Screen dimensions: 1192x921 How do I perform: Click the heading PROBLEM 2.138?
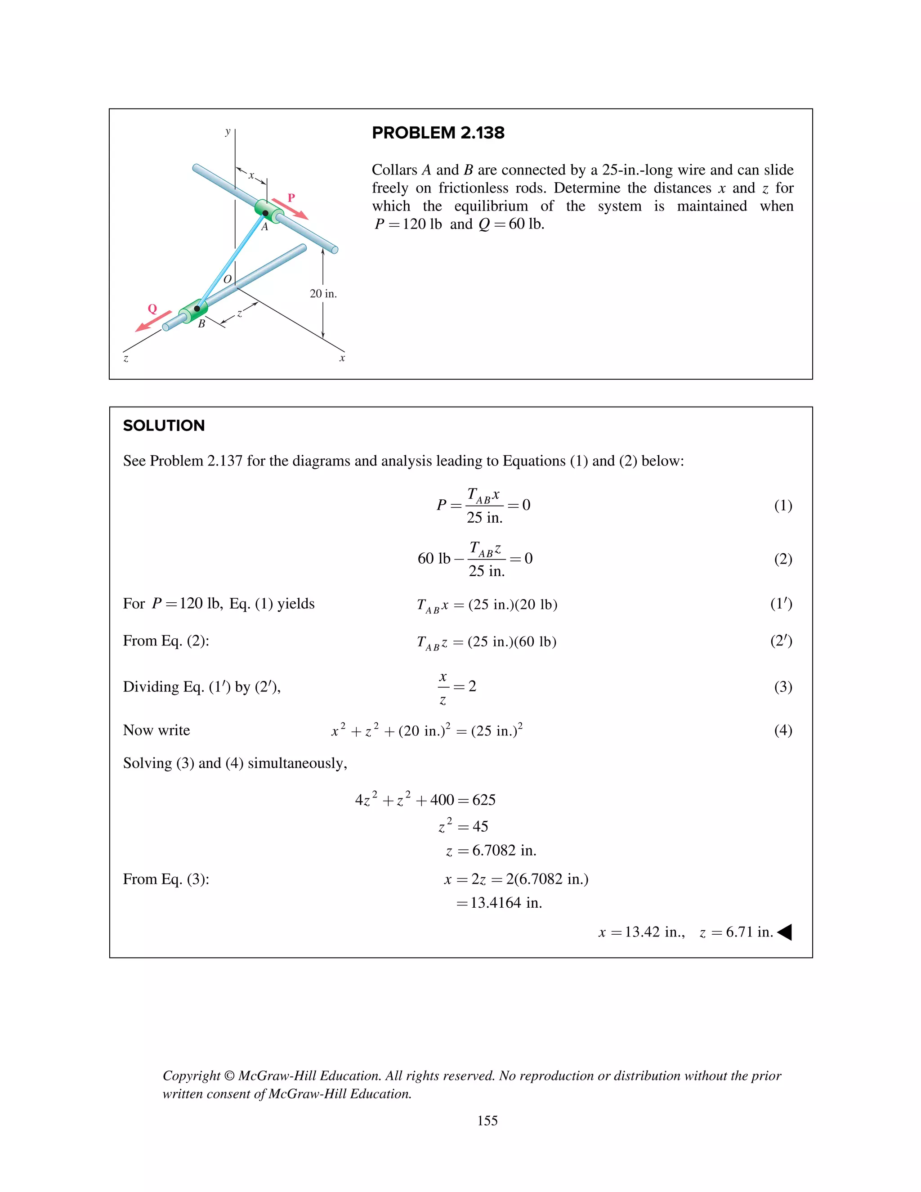(x=438, y=133)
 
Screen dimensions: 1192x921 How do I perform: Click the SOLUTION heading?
(x=164, y=426)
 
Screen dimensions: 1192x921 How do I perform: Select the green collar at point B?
(x=194, y=310)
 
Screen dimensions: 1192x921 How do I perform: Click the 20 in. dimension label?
(x=323, y=294)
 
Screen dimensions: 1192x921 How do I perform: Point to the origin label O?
(x=228, y=279)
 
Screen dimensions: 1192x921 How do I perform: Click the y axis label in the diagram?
(x=228, y=131)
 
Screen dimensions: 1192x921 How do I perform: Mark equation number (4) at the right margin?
(x=783, y=730)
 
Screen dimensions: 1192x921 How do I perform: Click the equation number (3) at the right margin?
(x=783, y=686)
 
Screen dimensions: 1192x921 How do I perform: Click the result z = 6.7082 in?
(x=491, y=850)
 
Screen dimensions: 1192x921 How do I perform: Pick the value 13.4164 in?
(x=499, y=903)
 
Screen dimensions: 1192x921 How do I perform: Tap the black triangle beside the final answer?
(x=785, y=932)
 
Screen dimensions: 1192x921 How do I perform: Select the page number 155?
(x=487, y=1120)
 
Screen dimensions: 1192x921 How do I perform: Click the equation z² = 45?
(x=463, y=826)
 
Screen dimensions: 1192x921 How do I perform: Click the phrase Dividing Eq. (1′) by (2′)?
(x=201, y=686)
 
